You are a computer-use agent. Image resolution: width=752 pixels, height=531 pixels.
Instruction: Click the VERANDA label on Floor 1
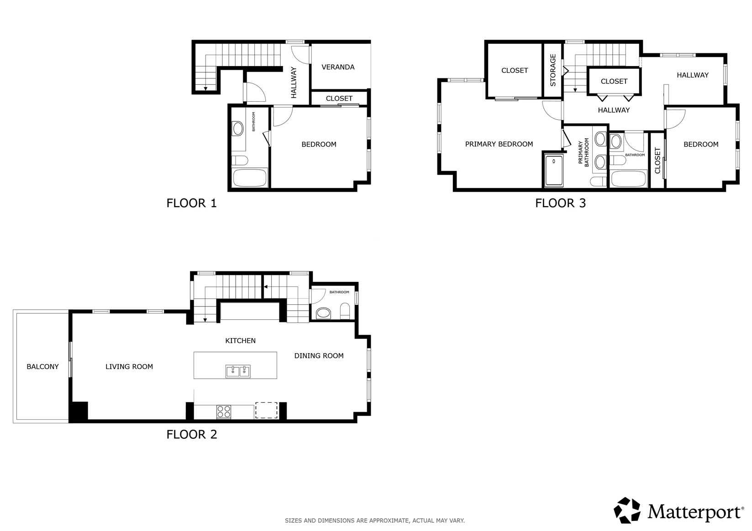click(338, 67)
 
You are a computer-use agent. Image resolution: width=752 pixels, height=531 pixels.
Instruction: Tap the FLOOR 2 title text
click(191, 434)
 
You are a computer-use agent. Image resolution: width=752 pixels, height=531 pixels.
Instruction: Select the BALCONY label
click(42, 366)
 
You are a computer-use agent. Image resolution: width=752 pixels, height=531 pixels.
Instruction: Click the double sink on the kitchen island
click(238, 371)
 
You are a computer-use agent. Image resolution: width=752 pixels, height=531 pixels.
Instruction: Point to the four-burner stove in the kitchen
click(224, 412)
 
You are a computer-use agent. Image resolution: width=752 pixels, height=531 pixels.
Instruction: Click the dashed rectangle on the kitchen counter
click(266, 410)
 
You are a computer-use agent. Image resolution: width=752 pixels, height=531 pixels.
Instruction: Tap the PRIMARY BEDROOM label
click(499, 144)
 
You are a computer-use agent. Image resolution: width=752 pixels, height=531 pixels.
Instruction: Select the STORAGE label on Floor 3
click(553, 70)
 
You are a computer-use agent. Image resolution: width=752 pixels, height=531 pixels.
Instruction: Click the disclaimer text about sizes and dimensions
click(374, 520)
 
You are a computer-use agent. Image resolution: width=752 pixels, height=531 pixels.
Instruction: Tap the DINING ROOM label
click(319, 356)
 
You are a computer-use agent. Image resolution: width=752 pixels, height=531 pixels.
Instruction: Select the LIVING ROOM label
click(129, 366)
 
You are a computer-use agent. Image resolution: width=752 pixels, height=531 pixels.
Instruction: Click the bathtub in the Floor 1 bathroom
click(249, 178)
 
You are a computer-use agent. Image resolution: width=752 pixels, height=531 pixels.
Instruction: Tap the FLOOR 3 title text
click(560, 203)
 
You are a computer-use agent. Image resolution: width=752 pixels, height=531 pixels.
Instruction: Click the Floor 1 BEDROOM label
click(319, 144)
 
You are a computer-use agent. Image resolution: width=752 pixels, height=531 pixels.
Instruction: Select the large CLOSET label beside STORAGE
click(515, 70)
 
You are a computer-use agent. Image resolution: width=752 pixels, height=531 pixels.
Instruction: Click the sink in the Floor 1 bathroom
click(238, 128)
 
